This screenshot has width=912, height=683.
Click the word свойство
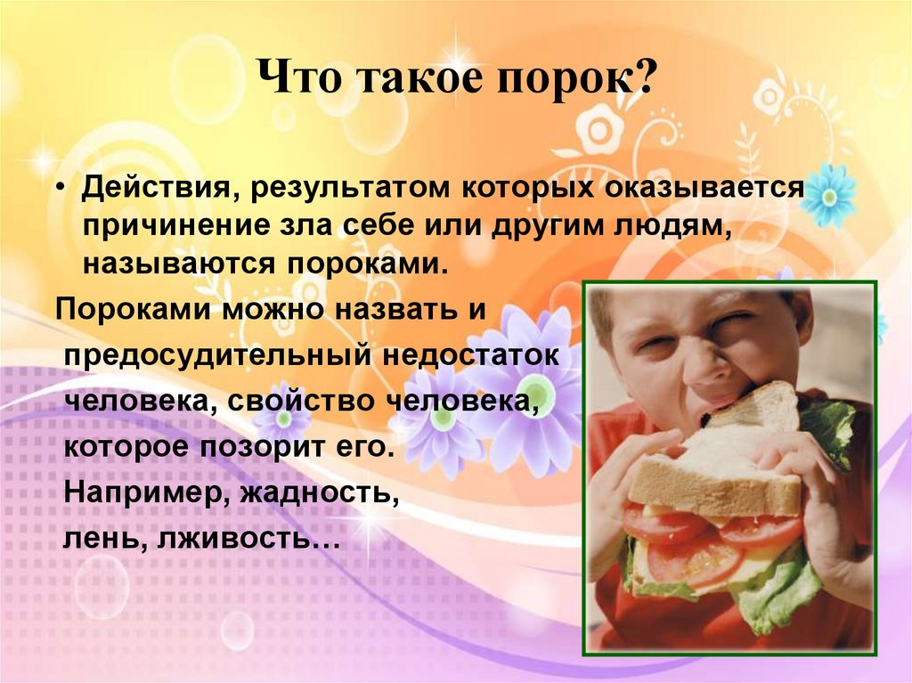(x=298, y=401)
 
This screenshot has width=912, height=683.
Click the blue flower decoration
(x=827, y=193)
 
